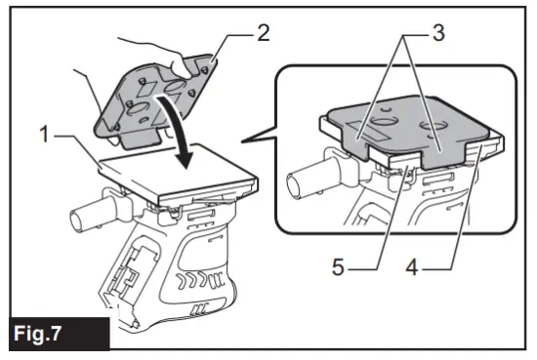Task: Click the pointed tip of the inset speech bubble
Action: (246, 144)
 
